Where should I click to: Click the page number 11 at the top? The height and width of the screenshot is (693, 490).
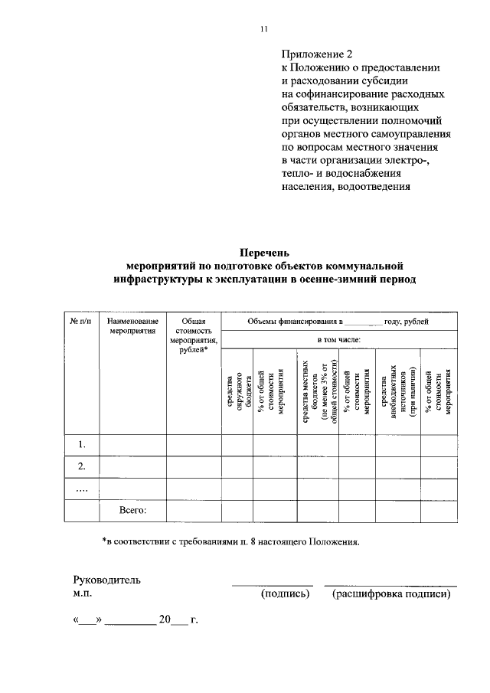tap(263, 29)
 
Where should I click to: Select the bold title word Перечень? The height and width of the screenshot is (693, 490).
tap(264, 252)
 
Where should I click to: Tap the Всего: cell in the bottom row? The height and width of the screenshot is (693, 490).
tap(133, 508)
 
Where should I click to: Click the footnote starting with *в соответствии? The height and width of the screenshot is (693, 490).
tap(230, 541)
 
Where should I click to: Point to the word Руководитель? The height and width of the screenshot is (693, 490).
tap(106, 580)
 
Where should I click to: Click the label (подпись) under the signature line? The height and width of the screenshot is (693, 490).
tap(285, 593)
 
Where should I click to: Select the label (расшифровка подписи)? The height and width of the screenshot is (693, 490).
tap(390, 593)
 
